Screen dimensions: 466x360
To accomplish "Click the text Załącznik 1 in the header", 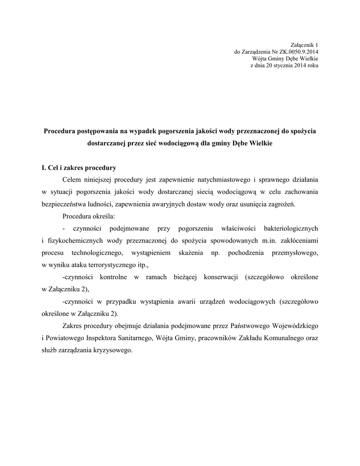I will [304, 45].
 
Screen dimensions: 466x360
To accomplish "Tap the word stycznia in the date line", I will [285, 65].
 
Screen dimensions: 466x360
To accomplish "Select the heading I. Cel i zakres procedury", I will [79, 167].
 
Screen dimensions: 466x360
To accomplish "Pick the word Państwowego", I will [250, 326].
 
